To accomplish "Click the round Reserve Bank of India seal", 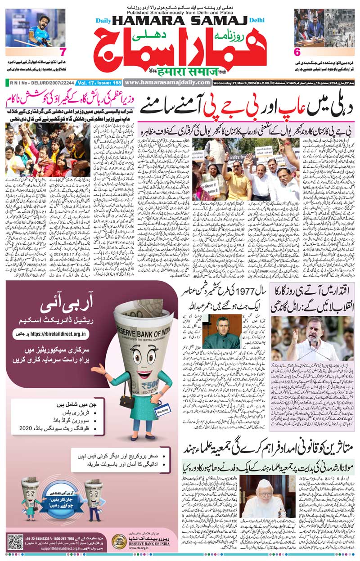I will [x=119, y=542].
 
